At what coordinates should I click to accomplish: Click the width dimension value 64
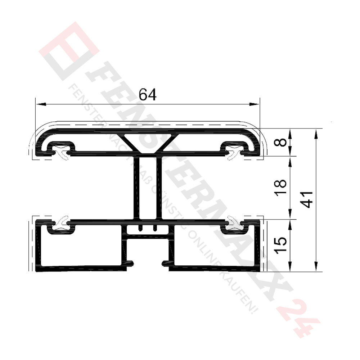click(148, 95)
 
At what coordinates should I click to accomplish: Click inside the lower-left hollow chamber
click(81, 248)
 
